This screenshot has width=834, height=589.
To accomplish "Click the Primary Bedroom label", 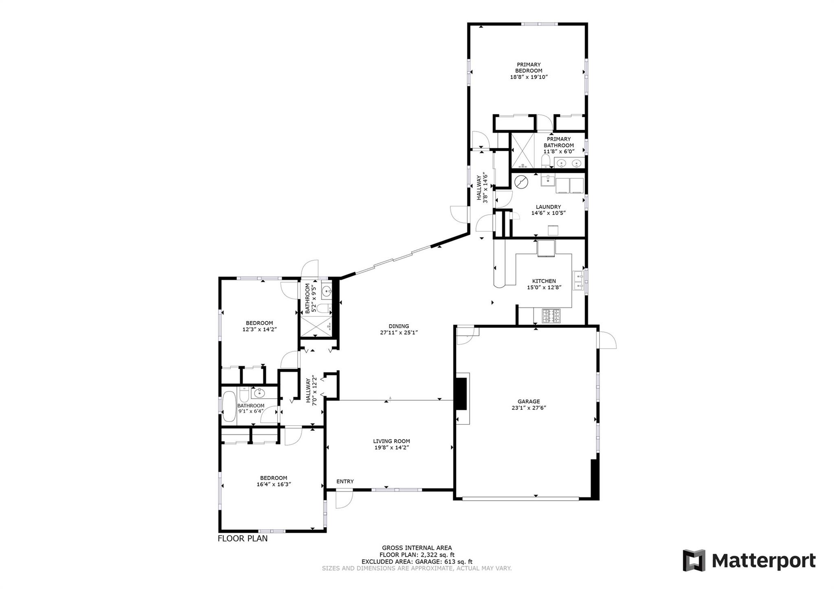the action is pyautogui.click(x=529, y=68).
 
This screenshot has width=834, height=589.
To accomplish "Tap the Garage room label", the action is pyautogui.click(x=529, y=401).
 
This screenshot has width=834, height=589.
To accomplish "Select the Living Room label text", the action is pyautogui.click(x=391, y=441).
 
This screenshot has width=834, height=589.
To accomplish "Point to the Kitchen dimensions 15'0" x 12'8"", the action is pyautogui.click(x=544, y=287).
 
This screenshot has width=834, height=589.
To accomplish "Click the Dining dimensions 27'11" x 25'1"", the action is pyautogui.click(x=399, y=332).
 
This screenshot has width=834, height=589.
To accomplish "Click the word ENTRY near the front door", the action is pyautogui.click(x=345, y=482).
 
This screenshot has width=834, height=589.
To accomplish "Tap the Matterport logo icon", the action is pyautogui.click(x=694, y=560).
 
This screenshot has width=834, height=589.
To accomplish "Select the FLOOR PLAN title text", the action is pyautogui.click(x=243, y=539).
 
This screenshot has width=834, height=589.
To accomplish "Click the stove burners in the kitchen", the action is pyautogui.click(x=551, y=316).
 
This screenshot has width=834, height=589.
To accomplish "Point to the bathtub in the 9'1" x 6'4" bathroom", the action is pyautogui.click(x=229, y=406).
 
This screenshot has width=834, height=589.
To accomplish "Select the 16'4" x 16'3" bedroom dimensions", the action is pyautogui.click(x=274, y=484).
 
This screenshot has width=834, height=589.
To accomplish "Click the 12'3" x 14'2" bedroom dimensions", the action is pyautogui.click(x=259, y=329).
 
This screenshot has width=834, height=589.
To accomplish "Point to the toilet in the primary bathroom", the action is pyautogui.click(x=546, y=161).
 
